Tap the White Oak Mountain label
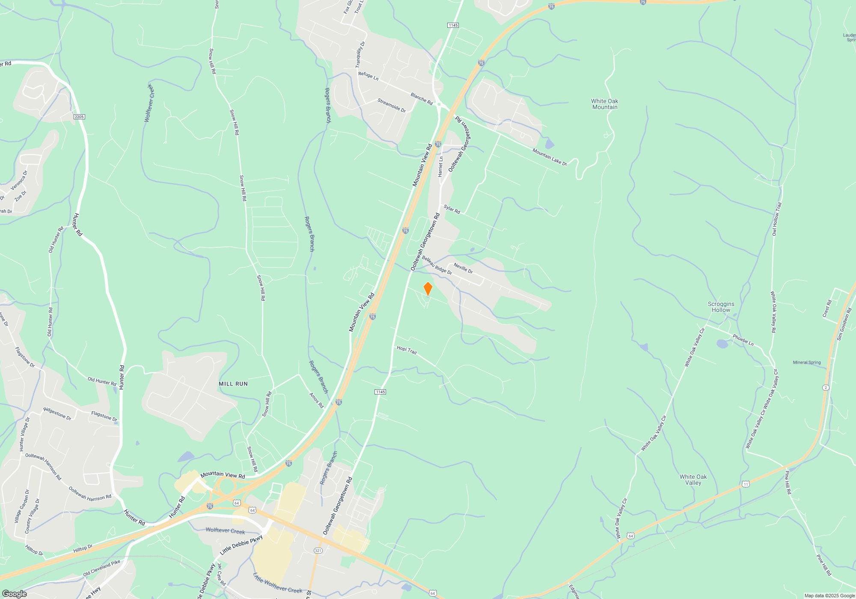pos(605,104)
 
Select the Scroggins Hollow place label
pos(721,307)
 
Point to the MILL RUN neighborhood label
pos(233,384)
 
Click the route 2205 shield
pos(79,117)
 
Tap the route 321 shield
pos(318,551)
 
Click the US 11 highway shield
pos(746,484)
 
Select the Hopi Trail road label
pos(407,350)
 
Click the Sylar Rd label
pos(452,209)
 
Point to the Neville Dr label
pos(463,268)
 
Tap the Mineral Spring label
pos(807,362)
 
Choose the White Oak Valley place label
pos(693,480)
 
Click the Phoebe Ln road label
pos(743,340)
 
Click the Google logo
pos(15,594)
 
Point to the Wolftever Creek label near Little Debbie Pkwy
pos(225,531)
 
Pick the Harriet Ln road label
pos(440,166)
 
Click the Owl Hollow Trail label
pos(776,219)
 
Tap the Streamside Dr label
pos(391,105)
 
